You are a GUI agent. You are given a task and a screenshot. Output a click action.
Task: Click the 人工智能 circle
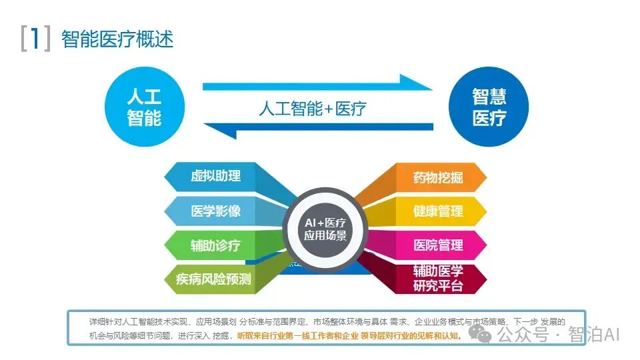(144, 107)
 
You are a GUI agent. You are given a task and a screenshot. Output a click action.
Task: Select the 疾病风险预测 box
(213, 279)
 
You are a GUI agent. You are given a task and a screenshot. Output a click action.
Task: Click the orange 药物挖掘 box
(437, 177)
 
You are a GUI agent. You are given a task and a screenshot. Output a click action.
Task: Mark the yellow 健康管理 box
(437, 211)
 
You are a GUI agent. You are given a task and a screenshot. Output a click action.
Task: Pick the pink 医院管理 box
(437, 245)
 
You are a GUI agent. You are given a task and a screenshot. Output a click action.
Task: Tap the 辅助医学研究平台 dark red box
(437, 279)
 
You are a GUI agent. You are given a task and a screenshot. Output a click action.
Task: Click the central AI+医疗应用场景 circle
(325, 229)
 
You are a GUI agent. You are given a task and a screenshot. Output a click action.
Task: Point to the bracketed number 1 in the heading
(35, 38)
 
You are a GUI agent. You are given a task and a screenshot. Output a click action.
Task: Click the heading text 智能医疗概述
(117, 39)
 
